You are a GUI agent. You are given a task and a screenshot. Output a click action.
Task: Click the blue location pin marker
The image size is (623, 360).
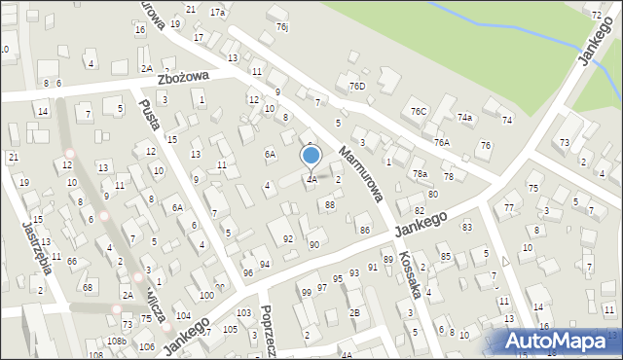311,157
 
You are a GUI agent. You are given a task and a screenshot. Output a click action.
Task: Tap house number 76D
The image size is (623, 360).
357,87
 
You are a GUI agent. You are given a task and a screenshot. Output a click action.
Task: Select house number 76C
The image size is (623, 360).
419,112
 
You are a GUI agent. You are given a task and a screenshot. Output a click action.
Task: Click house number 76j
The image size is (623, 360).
281,27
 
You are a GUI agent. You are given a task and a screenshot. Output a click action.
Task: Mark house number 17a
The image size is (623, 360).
216,13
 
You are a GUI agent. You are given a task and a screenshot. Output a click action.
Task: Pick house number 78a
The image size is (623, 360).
420,173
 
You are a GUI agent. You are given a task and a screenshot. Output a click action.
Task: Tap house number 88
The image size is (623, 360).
330,204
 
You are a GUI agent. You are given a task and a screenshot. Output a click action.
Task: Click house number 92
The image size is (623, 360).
287,238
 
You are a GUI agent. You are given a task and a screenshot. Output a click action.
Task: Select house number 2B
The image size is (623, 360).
355,312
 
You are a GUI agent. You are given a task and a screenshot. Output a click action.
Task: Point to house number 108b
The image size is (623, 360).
117,341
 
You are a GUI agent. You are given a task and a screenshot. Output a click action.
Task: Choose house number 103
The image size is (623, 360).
242,313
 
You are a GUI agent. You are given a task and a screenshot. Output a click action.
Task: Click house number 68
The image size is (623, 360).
88,287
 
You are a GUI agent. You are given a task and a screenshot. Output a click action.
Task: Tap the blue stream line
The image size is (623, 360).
506,24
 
